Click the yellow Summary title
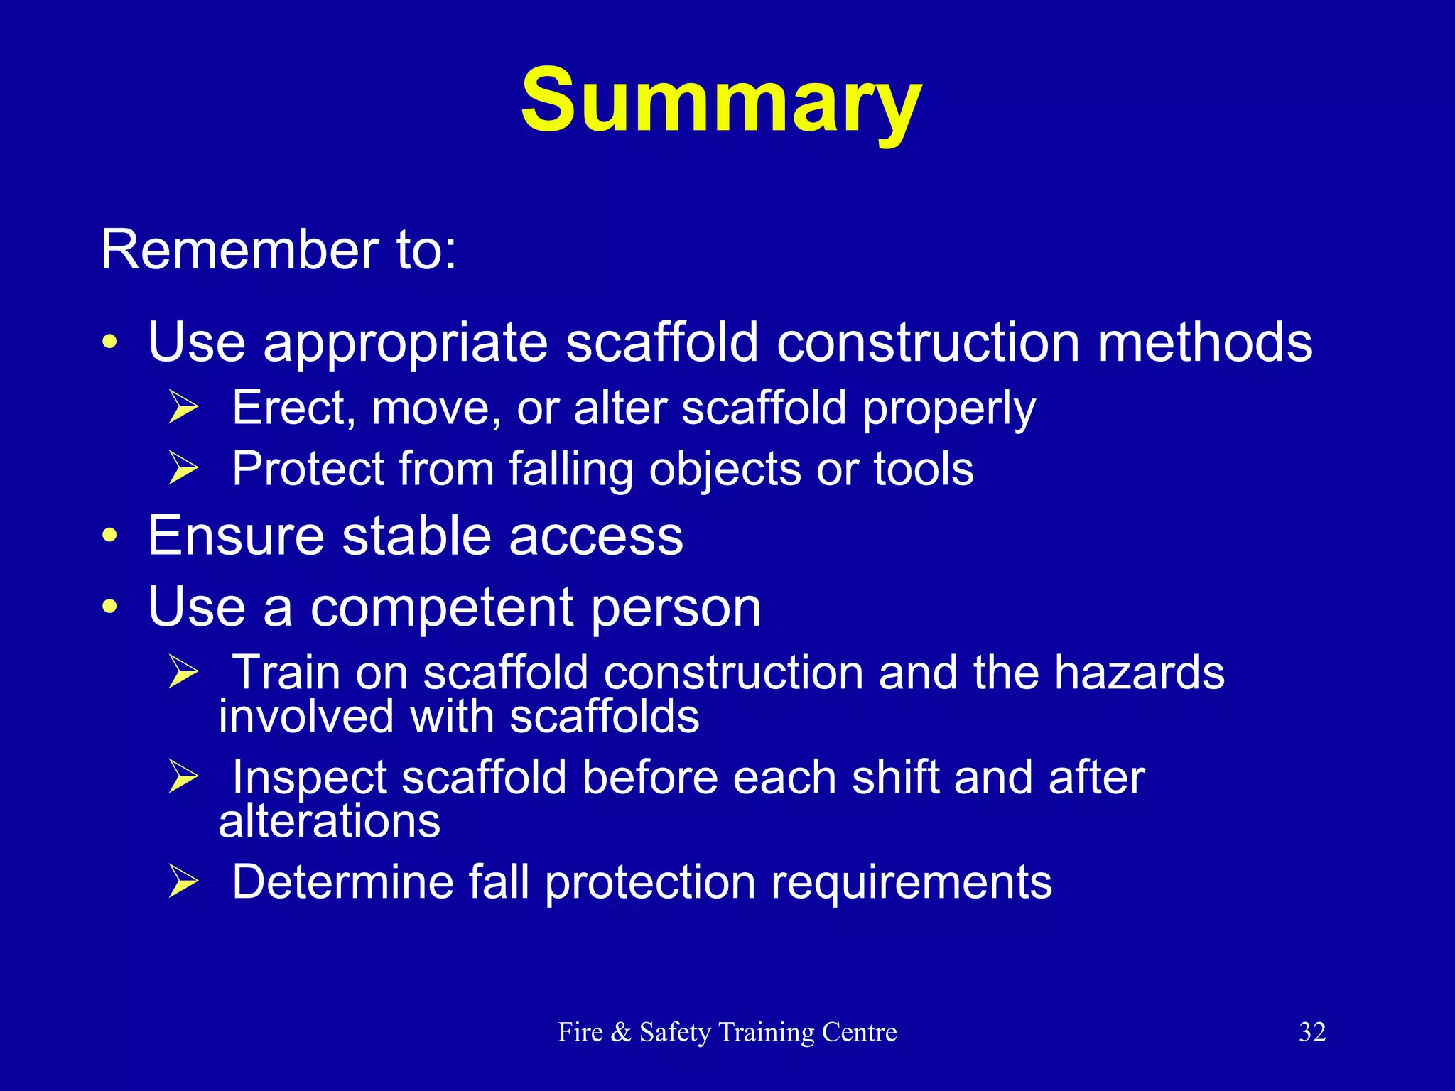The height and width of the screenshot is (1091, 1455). click(x=720, y=101)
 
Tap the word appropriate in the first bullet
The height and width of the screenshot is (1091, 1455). click(x=406, y=344)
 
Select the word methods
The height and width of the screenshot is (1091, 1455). click(x=1205, y=342)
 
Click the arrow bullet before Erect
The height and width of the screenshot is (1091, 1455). click(x=183, y=408)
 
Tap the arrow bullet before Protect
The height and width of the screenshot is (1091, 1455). click(x=183, y=469)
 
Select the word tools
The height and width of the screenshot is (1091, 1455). click(x=923, y=469)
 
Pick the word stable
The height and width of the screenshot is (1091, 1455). click(x=416, y=536)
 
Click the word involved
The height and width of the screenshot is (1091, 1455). click(x=305, y=716)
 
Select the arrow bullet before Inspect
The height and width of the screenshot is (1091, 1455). click(x=183, y=776)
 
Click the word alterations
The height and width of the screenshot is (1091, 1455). click(x=329, y=821)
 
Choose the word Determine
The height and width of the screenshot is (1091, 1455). click(x=342, y=882)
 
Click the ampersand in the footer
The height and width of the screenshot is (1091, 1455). click(x=620, y=1032)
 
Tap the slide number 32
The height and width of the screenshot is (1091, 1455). click(x=1311, y=1032)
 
